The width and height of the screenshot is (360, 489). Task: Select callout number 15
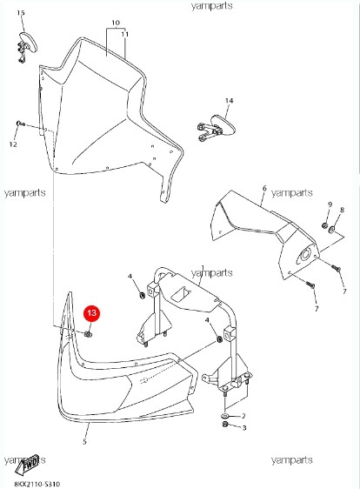coord(22,15)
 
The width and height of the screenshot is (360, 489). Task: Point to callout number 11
coord(124,33)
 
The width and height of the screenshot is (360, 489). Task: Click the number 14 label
coord(230,101)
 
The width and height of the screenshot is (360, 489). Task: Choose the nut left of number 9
coord(323,226)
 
